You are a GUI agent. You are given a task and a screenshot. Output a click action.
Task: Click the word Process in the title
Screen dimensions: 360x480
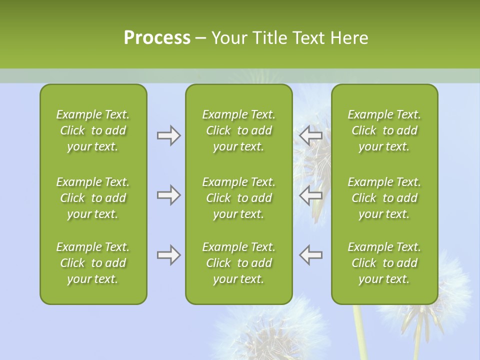[x=157, y=38]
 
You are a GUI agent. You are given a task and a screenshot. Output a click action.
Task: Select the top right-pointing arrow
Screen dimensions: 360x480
[x=168, y=135]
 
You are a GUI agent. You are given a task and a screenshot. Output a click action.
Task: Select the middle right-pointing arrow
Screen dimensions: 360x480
[x=168, y=195]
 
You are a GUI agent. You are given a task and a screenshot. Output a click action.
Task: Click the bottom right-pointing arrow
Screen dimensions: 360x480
[x=168, y=255]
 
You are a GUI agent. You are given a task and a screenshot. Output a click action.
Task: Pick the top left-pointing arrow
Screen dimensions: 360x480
[x=311, y=135]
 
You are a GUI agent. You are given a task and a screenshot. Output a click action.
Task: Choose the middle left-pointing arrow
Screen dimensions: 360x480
[x=311, y=195]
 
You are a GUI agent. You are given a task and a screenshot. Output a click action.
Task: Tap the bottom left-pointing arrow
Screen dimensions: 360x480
[x=311, y=255]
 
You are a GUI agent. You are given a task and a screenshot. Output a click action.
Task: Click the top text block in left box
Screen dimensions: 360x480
[x=93, y=130]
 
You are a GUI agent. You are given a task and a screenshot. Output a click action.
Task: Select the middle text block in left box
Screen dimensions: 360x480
[x=93, y=198]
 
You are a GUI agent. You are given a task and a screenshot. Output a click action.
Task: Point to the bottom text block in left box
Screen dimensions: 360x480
[x=93, y=263]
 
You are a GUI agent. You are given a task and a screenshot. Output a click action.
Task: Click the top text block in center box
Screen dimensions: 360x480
[x=238, y=130]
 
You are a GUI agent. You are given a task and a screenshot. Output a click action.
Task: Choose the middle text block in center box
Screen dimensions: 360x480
[x=238, y=198]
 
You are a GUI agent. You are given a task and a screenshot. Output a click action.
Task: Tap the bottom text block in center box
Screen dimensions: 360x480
[x=238, y=263]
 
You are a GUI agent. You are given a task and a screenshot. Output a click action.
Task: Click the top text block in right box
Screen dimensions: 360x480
[x=384, y=130]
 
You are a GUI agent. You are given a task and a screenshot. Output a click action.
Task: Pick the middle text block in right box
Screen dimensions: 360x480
[x=384, y=198]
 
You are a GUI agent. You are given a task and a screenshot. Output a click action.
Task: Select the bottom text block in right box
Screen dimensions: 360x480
[x=384, y=263]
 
